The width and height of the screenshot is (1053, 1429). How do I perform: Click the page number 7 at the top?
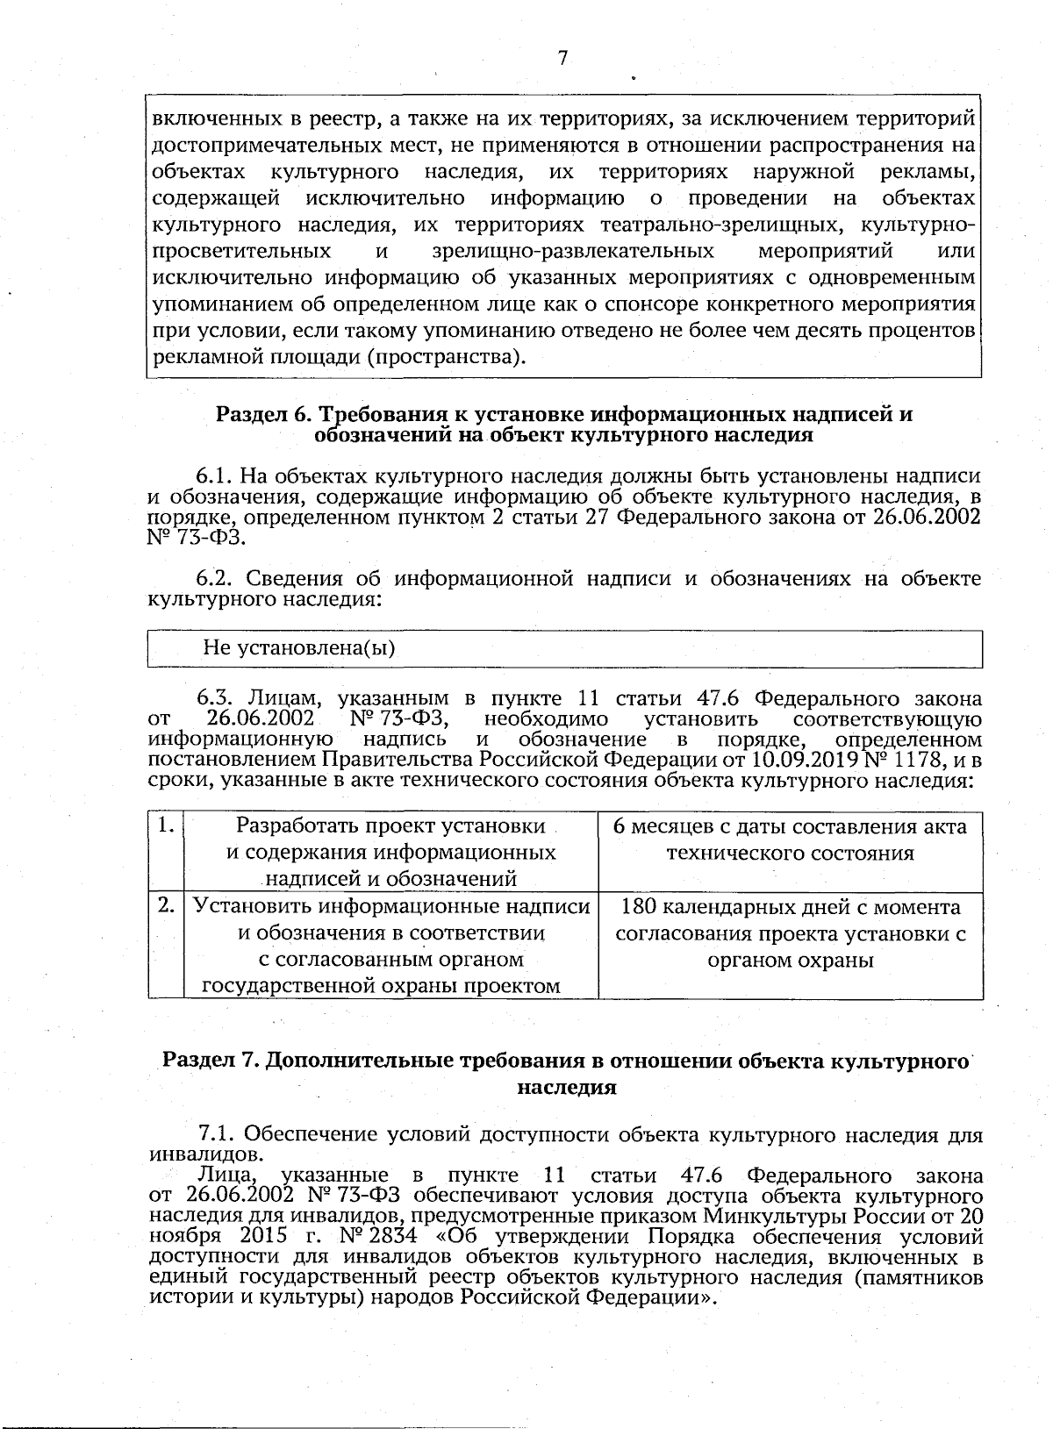pos(562,58)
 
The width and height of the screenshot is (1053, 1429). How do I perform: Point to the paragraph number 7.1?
pos(217,1134)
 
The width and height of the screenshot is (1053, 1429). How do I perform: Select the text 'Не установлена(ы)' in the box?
pos(299,649)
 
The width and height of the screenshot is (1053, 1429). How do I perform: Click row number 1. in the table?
pos(165,826)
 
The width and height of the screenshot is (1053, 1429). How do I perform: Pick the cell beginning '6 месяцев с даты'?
pos(790,840)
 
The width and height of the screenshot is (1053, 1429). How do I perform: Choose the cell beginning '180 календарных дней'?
pos(790,933)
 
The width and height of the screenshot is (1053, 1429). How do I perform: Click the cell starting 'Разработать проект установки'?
pos(390,852)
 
